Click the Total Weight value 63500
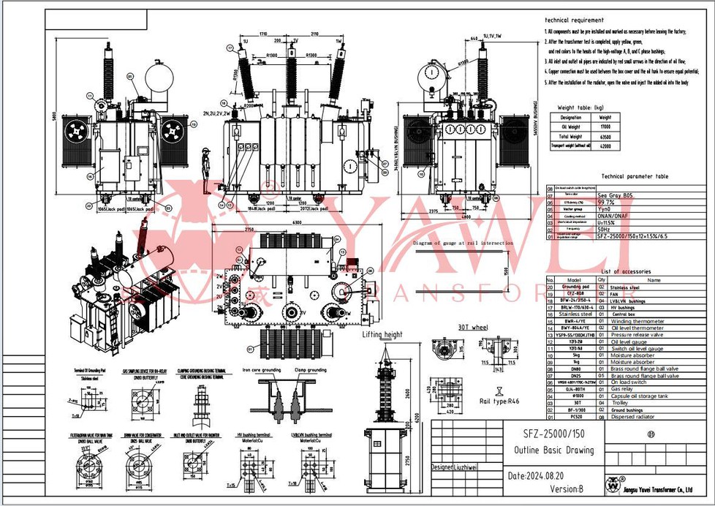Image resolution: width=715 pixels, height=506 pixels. (x=605, y=136)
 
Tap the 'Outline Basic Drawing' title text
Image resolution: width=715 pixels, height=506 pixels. (x=554, y=450)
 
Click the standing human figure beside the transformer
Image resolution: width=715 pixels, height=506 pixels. (x=208, y=168)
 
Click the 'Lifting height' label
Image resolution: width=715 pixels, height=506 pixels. (x=382, y=334)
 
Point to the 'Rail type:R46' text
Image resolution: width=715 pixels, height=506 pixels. (x=500, y=401)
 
